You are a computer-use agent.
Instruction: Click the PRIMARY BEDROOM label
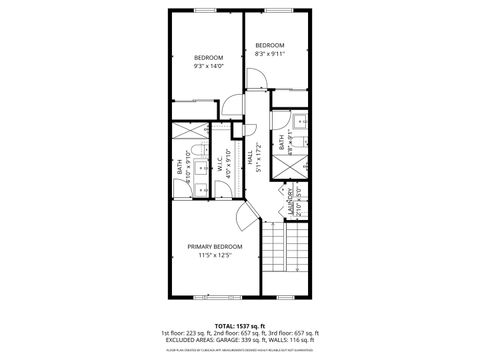coord(215,245)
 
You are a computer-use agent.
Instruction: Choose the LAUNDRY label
coord(289,202)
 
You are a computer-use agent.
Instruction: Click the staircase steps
coord(287,250)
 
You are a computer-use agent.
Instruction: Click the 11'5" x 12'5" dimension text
coord(215,255)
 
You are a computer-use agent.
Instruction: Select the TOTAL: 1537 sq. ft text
coord(239,325)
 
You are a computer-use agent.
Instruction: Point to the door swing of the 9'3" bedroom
coord(230,103)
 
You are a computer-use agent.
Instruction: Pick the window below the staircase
coord(286,296)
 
